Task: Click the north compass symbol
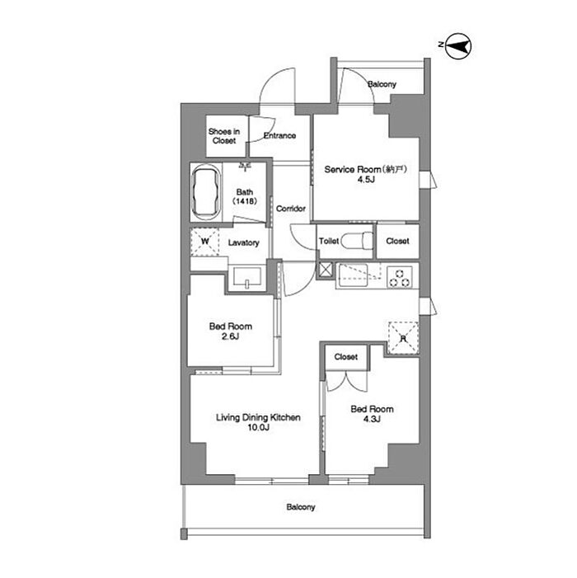tap(458, 46)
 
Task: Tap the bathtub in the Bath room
tap(206, 192)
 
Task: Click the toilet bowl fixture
tap(358, 241)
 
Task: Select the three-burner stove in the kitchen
tap(400, 277)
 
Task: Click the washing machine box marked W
tap(205, 242)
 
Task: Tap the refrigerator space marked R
tap(403, 338)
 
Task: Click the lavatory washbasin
tap(246, 277)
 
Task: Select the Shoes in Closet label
tap(224, 136)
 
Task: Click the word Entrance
tap(279, 136)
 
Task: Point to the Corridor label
tap(291, 209)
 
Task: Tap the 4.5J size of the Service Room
tap(366, 180)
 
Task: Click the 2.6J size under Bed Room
tap(231, 336)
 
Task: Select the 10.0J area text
tap(258, 427)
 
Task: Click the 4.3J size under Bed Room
tap(372, 419)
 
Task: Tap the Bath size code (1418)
tap(245, 201)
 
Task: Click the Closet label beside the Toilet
tap(397, 241)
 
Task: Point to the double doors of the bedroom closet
tap(346, 381)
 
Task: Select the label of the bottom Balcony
tap(301, 507)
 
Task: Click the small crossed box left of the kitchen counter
tap(326, 270)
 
